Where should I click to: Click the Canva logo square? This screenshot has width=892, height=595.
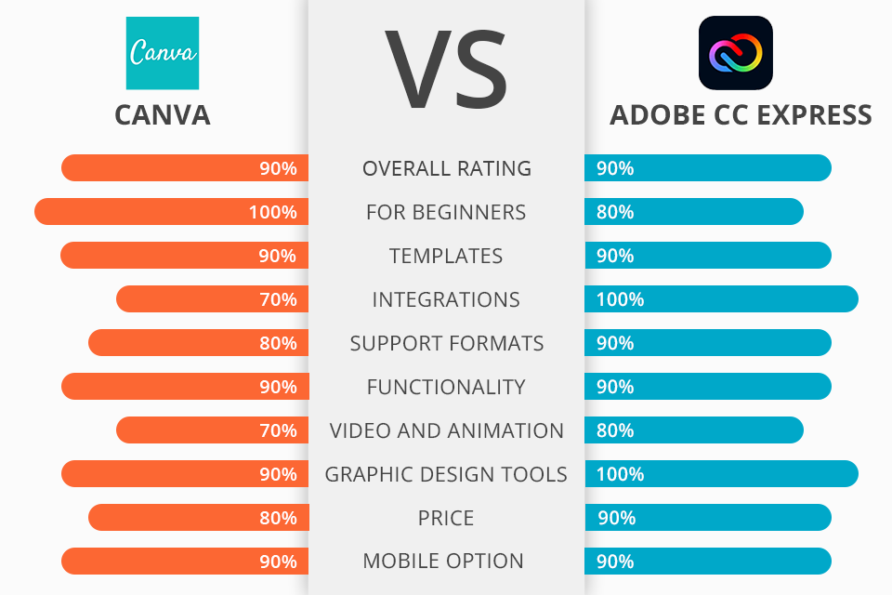[163, 53]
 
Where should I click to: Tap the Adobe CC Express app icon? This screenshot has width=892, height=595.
[736, 53]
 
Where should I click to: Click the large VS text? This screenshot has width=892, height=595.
[446, 70]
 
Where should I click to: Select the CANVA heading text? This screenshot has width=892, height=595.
[163, 114]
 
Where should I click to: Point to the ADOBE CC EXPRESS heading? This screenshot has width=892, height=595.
[741, 114]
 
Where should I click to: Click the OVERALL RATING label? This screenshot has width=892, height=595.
[447, 168]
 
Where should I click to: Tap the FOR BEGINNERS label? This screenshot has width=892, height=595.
[446, 212]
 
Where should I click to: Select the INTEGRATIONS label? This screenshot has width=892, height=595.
[446, 299]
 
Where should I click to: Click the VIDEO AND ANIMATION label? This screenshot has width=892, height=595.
[447, 430]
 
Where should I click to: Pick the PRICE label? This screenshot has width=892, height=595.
[447, 518]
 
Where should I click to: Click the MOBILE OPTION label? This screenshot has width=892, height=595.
[446, 562]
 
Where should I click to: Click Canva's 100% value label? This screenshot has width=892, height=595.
[272, 212]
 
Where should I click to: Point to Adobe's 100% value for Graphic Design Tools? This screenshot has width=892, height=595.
[620, 474]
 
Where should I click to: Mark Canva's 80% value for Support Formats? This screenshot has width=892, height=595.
[278, 343]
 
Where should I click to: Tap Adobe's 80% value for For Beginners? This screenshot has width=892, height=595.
[615, 212]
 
